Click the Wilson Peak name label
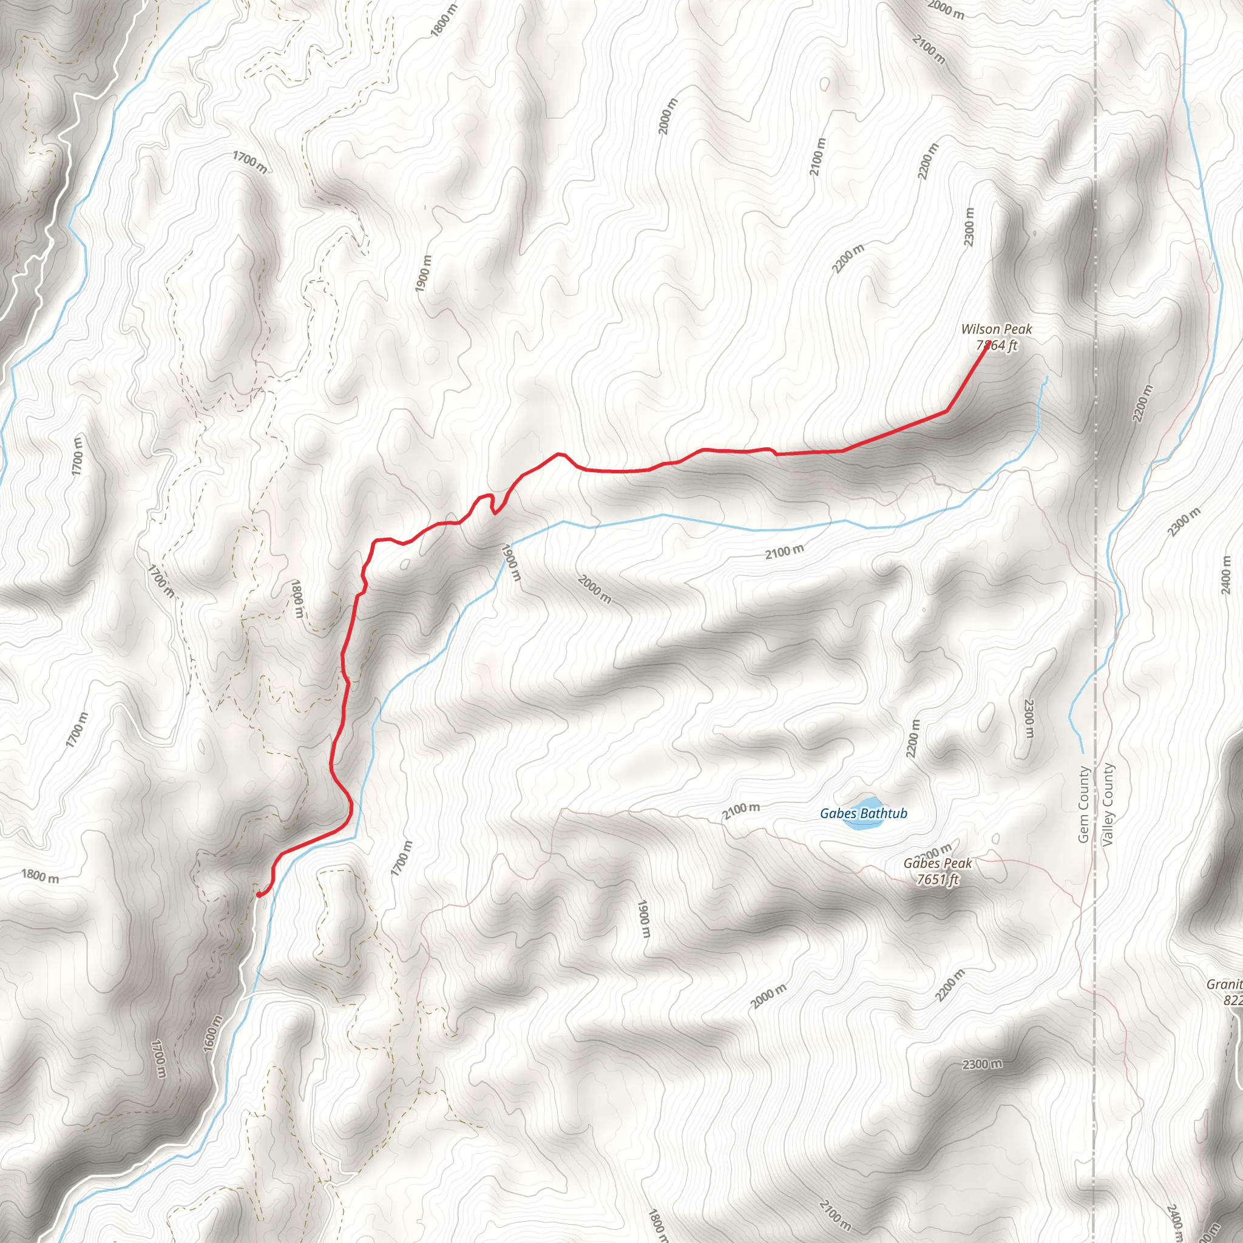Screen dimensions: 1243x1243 point(996,330)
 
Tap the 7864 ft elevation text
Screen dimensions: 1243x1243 point(997,345)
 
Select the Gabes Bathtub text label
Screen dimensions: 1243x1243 point(864,814)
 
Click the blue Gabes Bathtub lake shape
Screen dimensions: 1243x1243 point(861,825)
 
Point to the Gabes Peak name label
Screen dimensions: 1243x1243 point(937,864)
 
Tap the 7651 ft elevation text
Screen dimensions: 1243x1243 point(937,879)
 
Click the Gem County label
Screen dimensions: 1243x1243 point(1083,804)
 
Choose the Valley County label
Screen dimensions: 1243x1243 point(1107,804)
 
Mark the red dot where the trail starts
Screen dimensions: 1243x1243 point(259,894)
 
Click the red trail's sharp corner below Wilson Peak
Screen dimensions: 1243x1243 point(947,410)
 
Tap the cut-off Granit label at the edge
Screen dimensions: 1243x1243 point(1224,984)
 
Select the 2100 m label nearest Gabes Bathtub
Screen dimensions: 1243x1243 point(740,811)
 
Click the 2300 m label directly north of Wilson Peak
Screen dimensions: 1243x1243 point(969,226)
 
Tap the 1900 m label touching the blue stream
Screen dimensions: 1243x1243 point(510,562)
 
